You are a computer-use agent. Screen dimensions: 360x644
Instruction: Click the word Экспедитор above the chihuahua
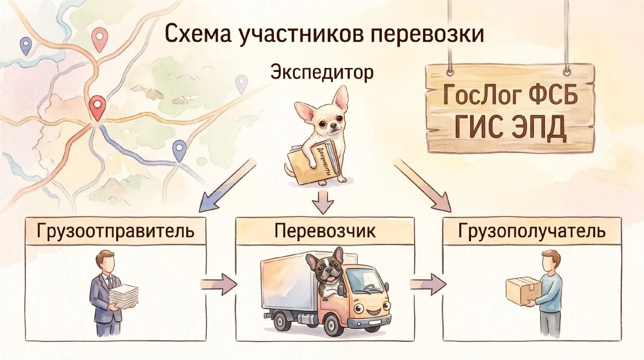(x=322, y=73)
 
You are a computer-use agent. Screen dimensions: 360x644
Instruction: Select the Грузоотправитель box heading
(x=115, y=232)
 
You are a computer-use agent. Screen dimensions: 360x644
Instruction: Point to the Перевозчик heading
(x=325, y=231)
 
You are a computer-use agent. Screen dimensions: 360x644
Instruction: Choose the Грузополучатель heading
(x=532, y=231)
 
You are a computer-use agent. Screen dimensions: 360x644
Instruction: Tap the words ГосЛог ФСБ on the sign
(x=510, y=96)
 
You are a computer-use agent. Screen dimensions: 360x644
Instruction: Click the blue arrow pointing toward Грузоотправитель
(x=224, y=184)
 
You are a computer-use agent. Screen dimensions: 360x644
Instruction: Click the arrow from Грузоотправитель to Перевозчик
(x=218, y=284)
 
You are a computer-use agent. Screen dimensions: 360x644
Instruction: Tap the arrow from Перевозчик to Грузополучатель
(x=427, y=284)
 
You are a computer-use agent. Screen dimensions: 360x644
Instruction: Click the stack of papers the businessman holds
(x=123, y=296)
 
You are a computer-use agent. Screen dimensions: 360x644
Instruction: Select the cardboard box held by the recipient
(x=523, y=290)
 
